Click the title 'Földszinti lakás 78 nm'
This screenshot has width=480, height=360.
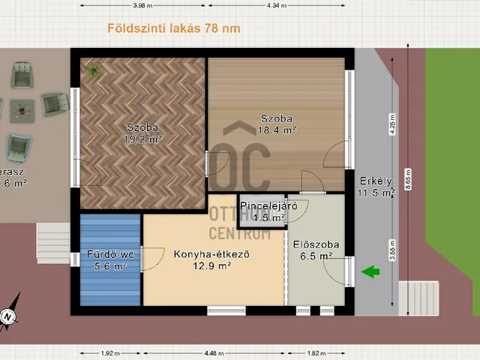click(x=172, y=29)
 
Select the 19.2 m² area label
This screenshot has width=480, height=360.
click(x=142, y=139)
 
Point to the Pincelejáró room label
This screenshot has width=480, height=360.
click(x=262, y=205)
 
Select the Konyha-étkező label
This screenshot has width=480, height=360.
click(x=211, y=253)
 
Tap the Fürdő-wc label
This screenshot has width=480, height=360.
click(x=109, y=254)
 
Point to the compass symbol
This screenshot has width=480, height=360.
click(x=7, y=317)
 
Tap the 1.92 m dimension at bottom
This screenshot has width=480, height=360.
click(x=109, y=353)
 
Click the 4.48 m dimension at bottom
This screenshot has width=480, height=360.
click(x=213, y=353)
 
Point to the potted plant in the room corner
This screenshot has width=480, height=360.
click(x=93, y=70)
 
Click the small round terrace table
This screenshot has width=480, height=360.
click(x=25, y=111)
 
